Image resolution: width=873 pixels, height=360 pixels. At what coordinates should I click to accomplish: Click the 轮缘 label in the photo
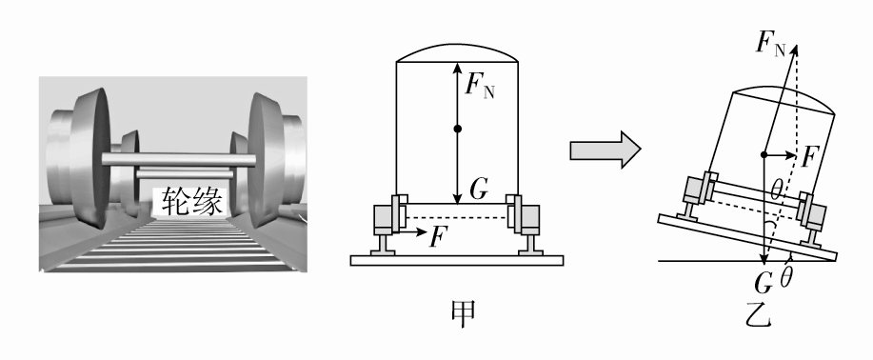pyautogui.click(x=192, y=202)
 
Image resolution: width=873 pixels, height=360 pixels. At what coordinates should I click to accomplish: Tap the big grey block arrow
pyautogui.click(x=605, y=150)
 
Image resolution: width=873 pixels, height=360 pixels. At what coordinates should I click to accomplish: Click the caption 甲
pyautogui.click(x=463, y=313)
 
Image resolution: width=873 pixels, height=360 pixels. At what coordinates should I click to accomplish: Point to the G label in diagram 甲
pyautogui.click(x=479, y=190)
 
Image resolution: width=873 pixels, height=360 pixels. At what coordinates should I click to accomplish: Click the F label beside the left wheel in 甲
pyautogui.click(x=439, y=236)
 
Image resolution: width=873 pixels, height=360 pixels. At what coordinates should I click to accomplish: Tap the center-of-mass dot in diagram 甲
pyautogui.click(x=458, y=129)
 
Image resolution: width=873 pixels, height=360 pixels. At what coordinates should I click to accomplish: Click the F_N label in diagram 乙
pyautogui.click(x=770, y=43)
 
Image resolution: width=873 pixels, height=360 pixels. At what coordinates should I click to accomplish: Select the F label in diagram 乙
pyautogui.click(x=809, y=158)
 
